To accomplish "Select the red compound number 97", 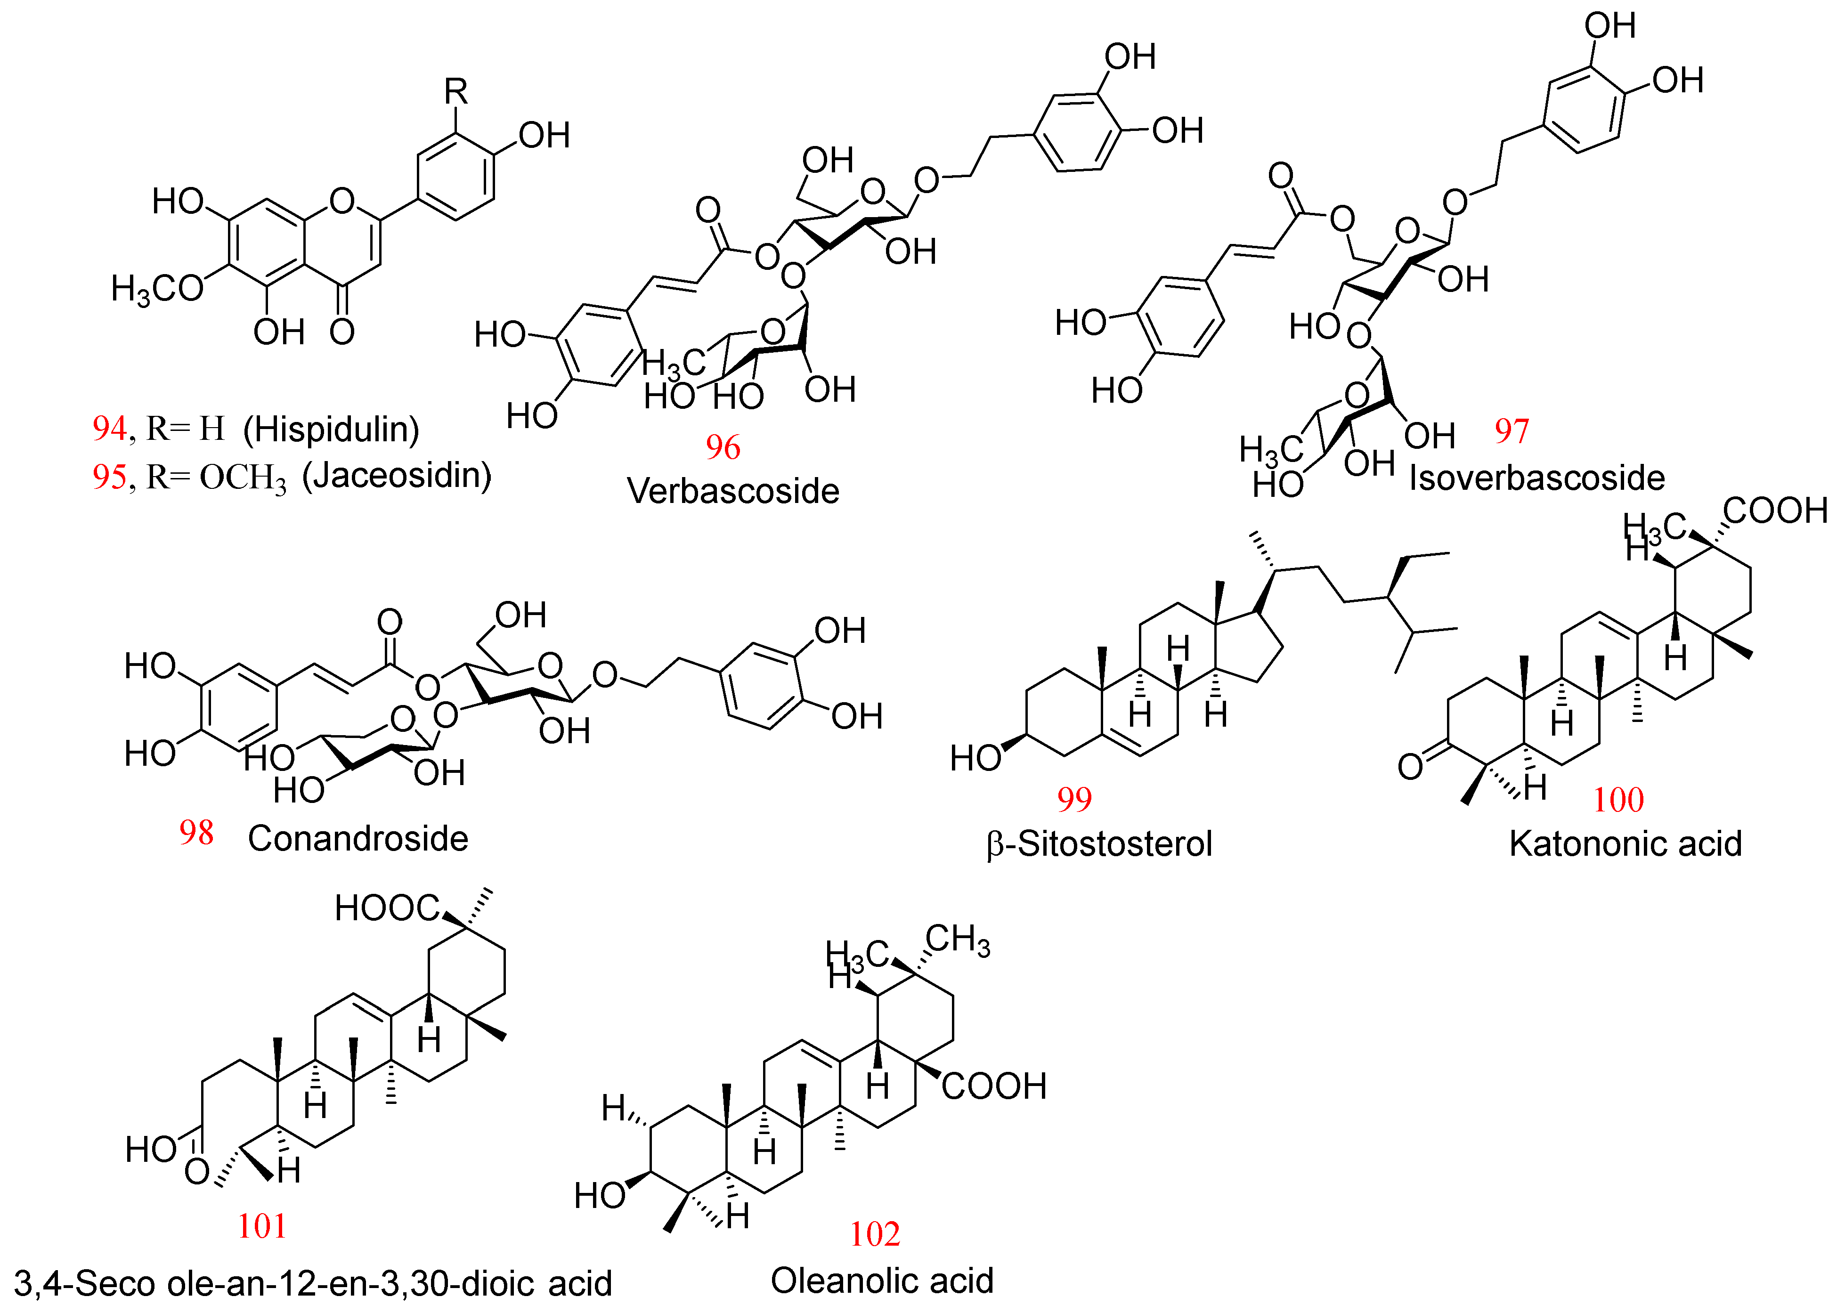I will pyautogui.click(x=1511, y=431).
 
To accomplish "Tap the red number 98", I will pyautogui.click(x=196, y=833).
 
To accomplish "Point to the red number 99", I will pyautogui.click(x=1074, y=800).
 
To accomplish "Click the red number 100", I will pyautogui.click(x=1618, y=801).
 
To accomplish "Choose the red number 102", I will pyautogui.click(x=874, y=1234).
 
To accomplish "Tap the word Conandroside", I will pyautogui.click(x=358, y=839).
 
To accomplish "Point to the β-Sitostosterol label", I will pyautogui.click(x=1099, y=844).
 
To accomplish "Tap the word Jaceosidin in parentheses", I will pyautogui.click(x=396, y=475).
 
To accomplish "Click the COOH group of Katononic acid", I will pyautogui.click(x=1775, y=511).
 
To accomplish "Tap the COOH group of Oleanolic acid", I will pyautogui.click(x=994, y=1086).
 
